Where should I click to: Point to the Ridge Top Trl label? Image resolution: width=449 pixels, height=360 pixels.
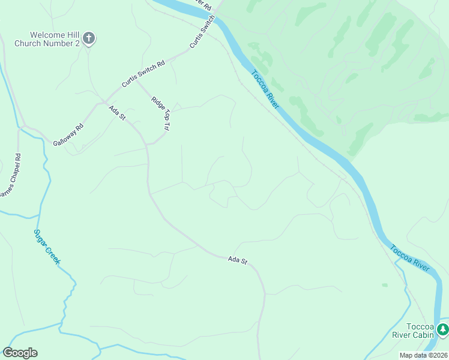pyautogui.click(x=160, y=113)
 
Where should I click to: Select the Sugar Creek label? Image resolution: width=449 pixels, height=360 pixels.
pyautogui.click(x=46, y=247)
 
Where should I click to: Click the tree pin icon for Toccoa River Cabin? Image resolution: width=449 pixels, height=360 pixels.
pyautogui.click(x=442, y=329)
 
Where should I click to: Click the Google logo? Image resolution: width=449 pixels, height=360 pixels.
pyautogui.click(x=20, y=353)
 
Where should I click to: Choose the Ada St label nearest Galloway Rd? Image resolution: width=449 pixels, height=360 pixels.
pyautogui.click(x=116, y=113)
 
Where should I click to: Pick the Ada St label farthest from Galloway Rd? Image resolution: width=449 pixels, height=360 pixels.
pyautogui.click(x=238, y=260)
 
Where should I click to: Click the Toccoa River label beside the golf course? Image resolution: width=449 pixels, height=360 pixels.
pyautogui.click(x=265, y=89)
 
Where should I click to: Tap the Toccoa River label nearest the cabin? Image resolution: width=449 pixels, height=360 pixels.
pyautogui.click(x=409, y=257)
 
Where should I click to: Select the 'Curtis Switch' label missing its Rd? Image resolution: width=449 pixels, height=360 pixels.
pyautogui.click(x=202, y=33)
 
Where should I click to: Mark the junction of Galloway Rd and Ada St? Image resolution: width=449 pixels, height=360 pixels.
pyautogui.click(x=103, y=102)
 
